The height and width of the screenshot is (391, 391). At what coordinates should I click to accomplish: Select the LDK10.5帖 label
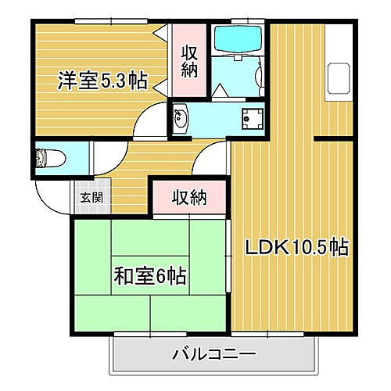coord(297,248)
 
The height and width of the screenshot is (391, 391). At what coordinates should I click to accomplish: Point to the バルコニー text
coord(213,355)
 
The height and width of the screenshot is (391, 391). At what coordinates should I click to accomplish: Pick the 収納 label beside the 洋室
coord(190,61)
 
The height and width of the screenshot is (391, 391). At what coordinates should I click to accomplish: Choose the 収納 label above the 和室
coord(189,197)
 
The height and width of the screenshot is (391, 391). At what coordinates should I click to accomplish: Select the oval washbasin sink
coord(181,119)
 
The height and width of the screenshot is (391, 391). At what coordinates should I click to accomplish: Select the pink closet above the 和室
coord(189,197)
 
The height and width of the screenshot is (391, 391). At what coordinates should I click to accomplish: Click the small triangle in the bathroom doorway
coord(221,91)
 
